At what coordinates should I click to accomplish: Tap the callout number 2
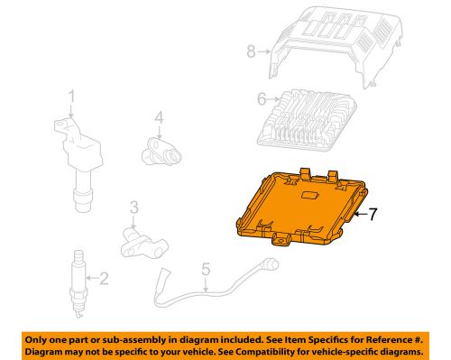pos(103,278)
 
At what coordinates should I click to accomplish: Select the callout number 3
pos(133,208)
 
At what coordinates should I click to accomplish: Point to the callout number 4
pos(157,117)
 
